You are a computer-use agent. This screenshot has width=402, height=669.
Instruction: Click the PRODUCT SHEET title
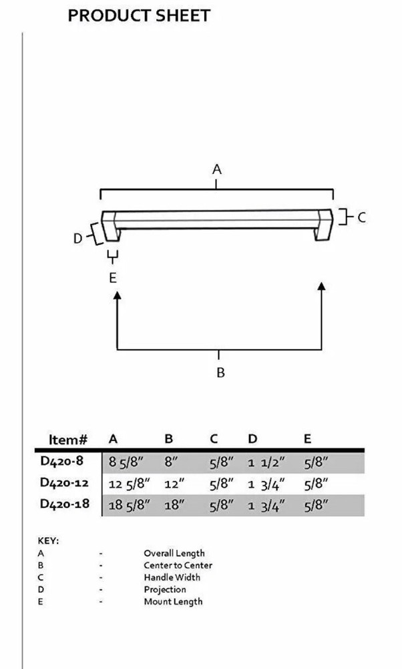pos(139,15)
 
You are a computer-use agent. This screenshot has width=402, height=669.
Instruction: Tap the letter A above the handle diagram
pos(216,170)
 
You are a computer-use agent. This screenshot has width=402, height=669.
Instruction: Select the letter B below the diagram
pos(220,373)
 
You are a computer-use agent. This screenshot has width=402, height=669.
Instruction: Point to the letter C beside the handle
pos(361,217)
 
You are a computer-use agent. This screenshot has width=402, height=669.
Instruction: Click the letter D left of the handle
pos(77,238)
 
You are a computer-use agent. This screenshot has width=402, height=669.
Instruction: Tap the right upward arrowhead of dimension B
pos(322,287)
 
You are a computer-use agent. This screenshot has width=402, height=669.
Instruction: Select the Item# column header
pos(68,440)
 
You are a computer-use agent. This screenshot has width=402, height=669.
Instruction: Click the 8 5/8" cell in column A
pos(128,463)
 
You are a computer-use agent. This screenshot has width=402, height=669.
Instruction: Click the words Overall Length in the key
pos(174,553)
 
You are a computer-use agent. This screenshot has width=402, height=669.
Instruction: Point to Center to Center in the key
pos(178,565)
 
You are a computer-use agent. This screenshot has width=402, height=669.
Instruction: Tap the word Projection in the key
pos(164,589)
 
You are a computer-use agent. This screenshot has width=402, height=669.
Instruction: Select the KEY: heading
pos(49,541)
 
